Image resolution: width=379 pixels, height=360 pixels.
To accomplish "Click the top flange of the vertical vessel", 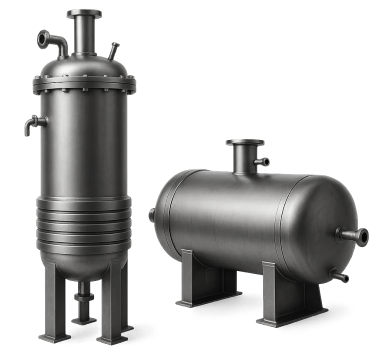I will pyautogui.click(x=86, y=13).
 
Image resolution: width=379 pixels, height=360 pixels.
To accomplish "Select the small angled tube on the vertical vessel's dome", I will pyautogui.click(x=115, y=48).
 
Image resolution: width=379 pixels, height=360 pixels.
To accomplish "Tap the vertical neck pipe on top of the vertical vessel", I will pyautogui.click(x=86, y=34).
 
